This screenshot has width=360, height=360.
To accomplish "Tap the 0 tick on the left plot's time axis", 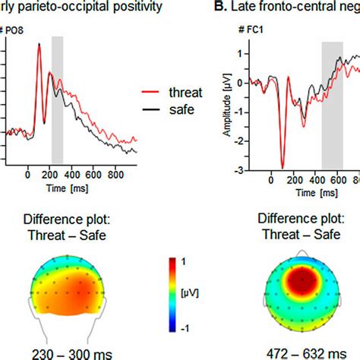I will pos(28,173).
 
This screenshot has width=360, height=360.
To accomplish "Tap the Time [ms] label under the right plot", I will pos(304,194).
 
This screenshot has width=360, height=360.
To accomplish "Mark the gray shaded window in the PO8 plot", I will pos(57,99).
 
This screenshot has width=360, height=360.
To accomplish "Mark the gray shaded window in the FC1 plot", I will pos(332,106).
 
